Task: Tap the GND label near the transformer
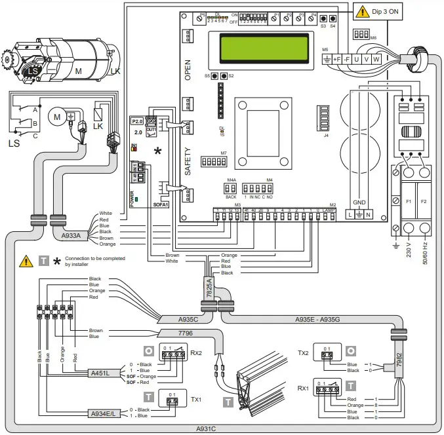click(359, 202)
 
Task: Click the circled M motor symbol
click(57, 117)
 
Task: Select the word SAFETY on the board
click(188, 161)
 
